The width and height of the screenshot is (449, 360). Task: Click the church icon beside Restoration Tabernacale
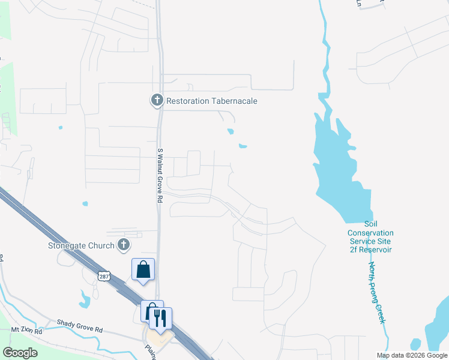157,100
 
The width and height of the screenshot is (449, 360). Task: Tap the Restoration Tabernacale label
212,101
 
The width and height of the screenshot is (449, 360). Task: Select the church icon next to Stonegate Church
124,244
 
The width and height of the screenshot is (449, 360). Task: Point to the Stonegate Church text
81,245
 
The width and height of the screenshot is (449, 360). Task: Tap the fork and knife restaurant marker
160,318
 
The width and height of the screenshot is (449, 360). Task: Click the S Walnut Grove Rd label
160,175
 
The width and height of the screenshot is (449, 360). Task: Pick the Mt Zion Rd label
27,331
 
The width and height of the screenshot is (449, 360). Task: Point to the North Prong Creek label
376,293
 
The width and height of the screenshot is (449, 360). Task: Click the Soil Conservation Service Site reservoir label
370,236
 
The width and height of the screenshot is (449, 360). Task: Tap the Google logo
20,352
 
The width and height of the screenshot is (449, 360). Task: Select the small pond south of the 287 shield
84,299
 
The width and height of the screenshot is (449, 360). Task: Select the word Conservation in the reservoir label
370,233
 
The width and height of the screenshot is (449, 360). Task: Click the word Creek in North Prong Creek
381,313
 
